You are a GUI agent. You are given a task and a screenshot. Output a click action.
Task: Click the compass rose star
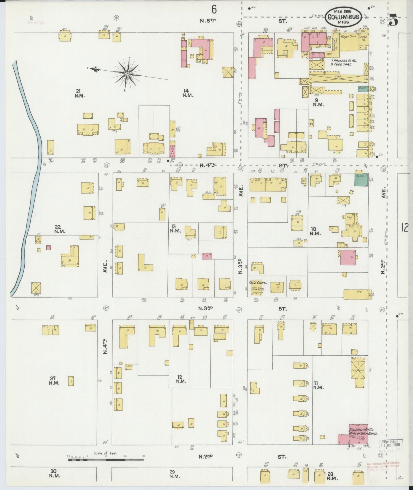coord(126,74)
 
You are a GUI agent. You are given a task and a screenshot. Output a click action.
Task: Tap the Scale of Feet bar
coord(106,460)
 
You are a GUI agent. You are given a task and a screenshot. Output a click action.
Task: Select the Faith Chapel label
coord(258,282)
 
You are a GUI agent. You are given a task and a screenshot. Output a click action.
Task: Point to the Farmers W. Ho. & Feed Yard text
coord(341,62)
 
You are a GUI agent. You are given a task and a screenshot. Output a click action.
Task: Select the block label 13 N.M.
coord(175,228)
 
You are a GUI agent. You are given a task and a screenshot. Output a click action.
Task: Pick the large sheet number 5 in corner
coord(394,21)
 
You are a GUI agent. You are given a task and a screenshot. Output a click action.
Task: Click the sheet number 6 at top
coord(214,10)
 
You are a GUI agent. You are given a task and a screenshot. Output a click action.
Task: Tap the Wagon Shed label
coord(348,37)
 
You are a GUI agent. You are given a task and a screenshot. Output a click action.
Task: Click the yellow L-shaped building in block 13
coord(144,263)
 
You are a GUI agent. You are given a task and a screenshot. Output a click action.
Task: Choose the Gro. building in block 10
coord(357,294)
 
